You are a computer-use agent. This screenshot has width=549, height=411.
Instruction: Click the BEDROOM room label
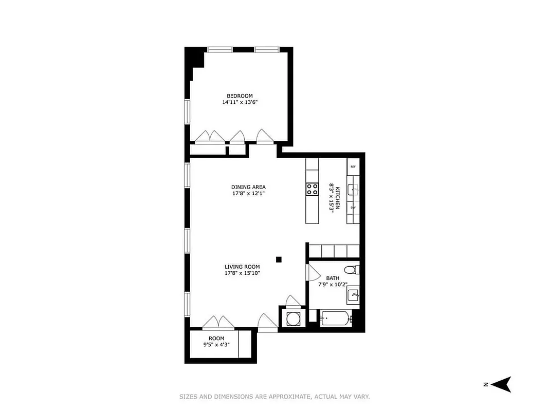[240, 96]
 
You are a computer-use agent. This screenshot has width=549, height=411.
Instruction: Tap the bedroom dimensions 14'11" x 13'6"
[240, 102]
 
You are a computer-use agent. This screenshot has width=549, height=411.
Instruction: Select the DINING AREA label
[248, 187]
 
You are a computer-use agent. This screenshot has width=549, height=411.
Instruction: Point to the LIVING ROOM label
[242, 267]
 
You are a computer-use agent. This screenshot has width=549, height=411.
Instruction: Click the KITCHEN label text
[338, 197]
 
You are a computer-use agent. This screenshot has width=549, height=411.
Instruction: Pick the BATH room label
[333, 278]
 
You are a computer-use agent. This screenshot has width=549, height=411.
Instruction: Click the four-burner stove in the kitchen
[312, 189]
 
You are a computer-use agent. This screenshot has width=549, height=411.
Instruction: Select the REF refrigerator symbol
[353, 166]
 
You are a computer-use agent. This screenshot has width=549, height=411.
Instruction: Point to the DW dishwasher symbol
[353, 208]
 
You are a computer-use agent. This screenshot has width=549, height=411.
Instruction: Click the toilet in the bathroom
[351, 269]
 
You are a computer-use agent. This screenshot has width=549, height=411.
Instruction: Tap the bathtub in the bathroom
[336, 319]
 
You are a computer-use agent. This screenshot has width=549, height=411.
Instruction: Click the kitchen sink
[353, 189]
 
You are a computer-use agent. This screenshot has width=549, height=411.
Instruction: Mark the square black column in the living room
[279, 259]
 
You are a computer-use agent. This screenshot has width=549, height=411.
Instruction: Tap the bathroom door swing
[310, 272]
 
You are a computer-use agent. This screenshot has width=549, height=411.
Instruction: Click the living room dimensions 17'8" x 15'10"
[242, 273]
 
